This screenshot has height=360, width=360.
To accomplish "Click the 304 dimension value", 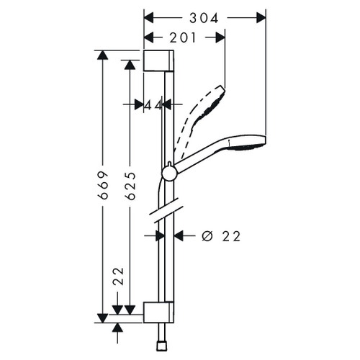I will pos(205,16).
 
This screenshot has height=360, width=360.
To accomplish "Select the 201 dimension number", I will pos(185,37).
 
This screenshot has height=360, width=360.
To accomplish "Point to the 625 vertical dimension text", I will pos(130,186).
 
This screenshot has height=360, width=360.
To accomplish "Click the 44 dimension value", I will pos(152,105).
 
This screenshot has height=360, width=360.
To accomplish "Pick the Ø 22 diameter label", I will pos(221,235).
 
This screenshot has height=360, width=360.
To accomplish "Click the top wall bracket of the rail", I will pos(158,61).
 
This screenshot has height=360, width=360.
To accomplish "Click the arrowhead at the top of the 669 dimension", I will pos(103,56).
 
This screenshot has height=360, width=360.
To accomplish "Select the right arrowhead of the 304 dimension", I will pos(261,16).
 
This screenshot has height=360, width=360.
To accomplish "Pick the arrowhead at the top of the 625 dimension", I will pos(130,66).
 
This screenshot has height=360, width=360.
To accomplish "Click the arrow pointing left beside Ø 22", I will pos(181,235).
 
